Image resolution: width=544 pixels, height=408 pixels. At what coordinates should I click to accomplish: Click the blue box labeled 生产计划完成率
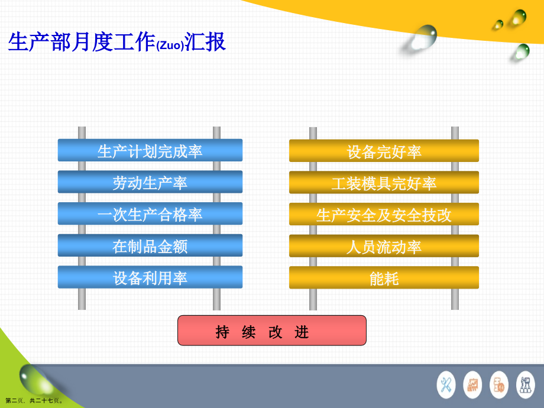coord(150,151)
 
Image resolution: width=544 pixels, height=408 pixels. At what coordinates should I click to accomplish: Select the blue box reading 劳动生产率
coord(150,182)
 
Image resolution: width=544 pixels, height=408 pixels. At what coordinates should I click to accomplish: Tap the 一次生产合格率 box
coord(150,214)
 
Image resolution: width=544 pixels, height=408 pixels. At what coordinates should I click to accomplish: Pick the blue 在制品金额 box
coord(150,245)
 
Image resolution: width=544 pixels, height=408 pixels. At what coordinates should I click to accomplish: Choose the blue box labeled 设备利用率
coord(150,277)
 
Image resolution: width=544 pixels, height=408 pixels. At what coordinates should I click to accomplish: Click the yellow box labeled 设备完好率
coord(384,151)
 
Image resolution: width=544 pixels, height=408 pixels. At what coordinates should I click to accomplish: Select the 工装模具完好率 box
coord(384,183)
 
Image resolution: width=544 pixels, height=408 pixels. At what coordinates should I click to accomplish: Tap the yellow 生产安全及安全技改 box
coord(384,215)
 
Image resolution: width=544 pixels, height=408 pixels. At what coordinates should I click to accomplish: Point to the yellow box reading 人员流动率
coord(384,246)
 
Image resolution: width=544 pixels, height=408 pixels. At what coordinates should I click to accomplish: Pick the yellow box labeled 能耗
coord(384,278)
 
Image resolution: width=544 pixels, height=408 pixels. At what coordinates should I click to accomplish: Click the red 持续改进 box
coord(271,331)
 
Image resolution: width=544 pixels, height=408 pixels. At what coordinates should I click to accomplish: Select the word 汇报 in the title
coord(206,43)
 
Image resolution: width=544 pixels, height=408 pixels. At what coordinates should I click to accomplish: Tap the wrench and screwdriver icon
coord(446,385)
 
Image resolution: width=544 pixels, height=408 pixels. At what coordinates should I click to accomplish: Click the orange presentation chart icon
coord(472,385)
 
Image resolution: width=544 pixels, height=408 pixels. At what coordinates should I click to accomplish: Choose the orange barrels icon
coord(499,385)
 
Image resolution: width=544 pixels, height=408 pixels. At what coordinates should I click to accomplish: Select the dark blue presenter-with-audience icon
coord(525,385)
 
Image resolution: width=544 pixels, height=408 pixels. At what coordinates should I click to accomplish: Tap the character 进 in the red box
coord(302,332)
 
